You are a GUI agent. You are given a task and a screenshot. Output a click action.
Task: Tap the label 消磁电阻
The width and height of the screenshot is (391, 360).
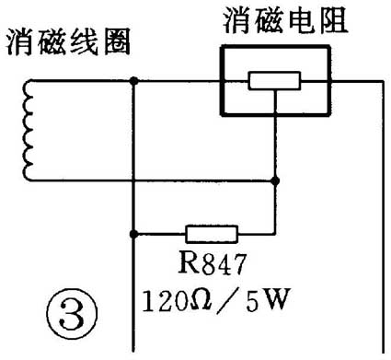click(x=286, y=19)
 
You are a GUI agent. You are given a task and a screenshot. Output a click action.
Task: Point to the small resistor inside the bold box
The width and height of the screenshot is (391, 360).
click(x=275, y=81)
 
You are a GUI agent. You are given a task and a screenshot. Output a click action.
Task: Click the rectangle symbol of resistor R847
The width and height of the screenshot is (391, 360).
click(x=212, y=233)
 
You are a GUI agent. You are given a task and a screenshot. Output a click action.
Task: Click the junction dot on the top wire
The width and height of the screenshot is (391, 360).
click(x=135, y=81)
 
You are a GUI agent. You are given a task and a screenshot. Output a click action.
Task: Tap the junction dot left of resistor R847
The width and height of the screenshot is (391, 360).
click(x=135, y=233)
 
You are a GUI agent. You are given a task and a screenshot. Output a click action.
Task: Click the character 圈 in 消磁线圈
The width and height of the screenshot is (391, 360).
click(x=116, y=42)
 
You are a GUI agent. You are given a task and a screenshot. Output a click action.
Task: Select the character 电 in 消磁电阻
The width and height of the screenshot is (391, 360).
click(x=303, y=19)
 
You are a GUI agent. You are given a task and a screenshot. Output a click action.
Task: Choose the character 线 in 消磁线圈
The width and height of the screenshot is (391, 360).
click(x=84, y=42)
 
